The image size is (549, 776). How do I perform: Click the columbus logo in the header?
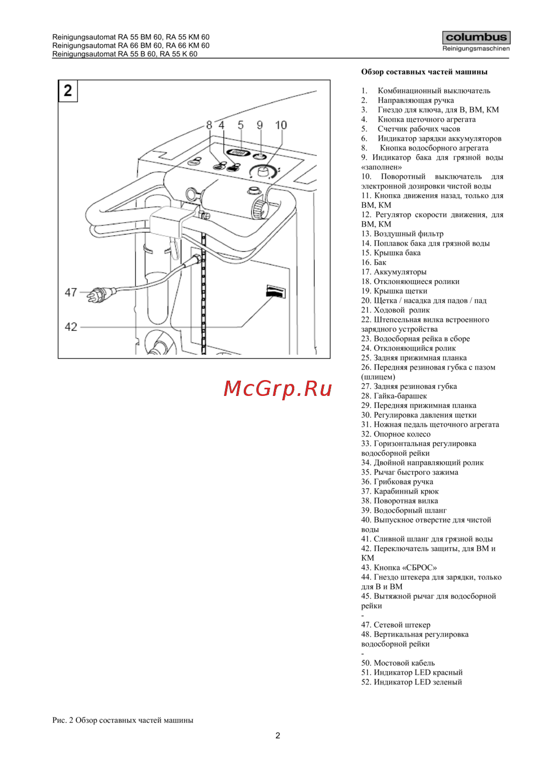point(476,37)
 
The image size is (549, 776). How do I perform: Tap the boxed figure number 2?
point(68,91)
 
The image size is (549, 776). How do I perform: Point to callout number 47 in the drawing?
point(71,292)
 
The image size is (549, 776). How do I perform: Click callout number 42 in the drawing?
point(71,327)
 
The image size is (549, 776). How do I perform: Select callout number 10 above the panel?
point(281,125)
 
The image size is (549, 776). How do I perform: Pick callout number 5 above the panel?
point(240,125)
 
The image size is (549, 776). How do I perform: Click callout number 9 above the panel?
point(260,125)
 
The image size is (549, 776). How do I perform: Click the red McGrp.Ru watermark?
point(277,389)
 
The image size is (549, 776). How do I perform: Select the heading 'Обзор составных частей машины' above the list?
point(424,72)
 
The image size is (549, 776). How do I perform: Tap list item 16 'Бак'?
point(373,262)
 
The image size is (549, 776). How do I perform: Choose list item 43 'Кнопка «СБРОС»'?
point(399,568)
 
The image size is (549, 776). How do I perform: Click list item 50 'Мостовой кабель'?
point(398,662)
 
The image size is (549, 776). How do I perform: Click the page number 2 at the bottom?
point(277,735)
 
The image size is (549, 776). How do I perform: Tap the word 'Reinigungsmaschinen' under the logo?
point(476,48)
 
